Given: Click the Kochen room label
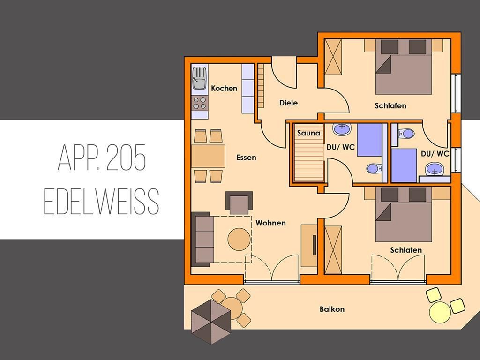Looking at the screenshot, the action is pos(224,88).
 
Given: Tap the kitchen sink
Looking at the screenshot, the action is pos(199,78).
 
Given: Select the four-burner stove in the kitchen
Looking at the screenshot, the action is pos(200,103).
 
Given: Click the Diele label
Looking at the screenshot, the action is pos(288,103).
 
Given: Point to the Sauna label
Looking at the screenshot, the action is pos(308,133).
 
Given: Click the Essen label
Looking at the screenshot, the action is pos(246,157).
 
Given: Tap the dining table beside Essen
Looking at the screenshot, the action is pos(208,156).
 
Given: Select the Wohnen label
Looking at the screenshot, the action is pos(270,223).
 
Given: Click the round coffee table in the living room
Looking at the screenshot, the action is pos(239,239).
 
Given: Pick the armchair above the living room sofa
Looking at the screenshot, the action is pos(239,202).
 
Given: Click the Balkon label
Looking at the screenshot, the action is pos(332,309).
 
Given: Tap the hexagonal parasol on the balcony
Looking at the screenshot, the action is pos(211,322).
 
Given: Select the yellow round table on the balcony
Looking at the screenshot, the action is pos(440,312).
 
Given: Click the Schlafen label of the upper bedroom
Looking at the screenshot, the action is pos(390,105).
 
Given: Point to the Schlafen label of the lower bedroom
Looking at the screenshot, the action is pos(406,250).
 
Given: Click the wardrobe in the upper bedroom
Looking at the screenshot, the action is pos(333,57).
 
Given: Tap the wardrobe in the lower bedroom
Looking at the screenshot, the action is pos(333,250).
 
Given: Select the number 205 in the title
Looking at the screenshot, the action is pos(126,157).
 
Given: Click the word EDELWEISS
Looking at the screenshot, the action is pos(102,201).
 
